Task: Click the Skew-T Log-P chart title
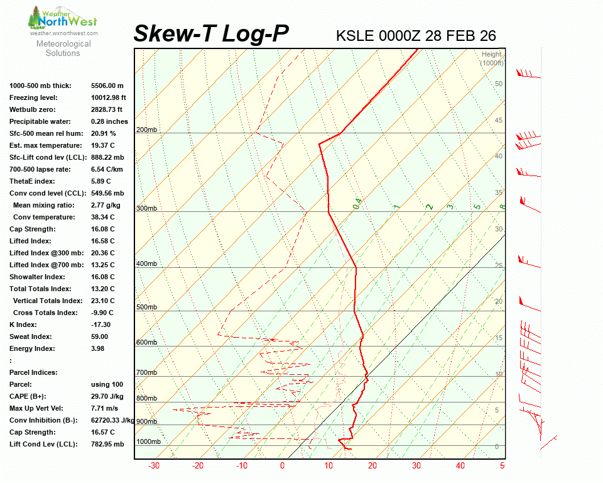tap(211, 34)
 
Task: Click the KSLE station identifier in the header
tap(356, 36)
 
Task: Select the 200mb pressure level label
tap(146, 130)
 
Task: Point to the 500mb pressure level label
tap(146, 308)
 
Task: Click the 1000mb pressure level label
tap(148, 442)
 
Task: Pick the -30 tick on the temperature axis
tap(153, 466)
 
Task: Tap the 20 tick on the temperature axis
tap(372, 466)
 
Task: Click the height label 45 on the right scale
tap(499, 120)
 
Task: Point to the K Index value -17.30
tap(101, 325)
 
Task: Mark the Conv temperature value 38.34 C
tap(103, 217)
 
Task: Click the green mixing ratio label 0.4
tap(357, 204)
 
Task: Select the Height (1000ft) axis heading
tap(491, 58)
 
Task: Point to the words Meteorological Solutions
tap(63, 48)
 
